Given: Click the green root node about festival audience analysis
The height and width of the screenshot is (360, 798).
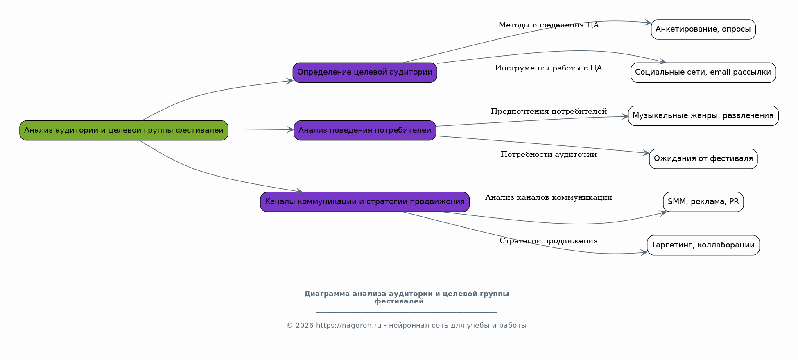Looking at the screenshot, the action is click(124, 131).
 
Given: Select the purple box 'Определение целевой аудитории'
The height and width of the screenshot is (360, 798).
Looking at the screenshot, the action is click(365, 72).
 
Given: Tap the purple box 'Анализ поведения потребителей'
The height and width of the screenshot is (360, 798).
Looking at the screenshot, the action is click(365, 131).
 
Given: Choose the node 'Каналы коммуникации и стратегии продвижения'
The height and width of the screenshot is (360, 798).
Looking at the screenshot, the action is click(365, 202).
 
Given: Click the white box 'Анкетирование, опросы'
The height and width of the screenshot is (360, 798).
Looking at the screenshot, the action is click(703, 29).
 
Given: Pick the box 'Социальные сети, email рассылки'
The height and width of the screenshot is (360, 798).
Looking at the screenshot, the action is click(703, 72).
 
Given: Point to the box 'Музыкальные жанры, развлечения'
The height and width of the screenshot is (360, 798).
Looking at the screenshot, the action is click(703, 116).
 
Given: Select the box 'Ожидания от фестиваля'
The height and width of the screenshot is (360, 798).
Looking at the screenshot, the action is click(703, 159).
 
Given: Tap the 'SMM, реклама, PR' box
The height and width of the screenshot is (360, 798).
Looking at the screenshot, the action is click(703, 202).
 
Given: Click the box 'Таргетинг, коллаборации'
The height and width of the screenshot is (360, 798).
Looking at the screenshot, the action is click(703, 245).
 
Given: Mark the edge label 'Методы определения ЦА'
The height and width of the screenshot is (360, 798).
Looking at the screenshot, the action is click(549, 25).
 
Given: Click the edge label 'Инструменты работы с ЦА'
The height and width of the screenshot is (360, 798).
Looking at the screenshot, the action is click(549, 68).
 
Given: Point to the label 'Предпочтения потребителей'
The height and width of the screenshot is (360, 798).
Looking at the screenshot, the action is click(549, 111).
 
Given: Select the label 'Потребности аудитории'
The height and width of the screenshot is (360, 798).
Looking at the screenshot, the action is click(549, 154).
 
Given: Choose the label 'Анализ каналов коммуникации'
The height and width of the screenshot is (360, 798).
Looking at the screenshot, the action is click(549, 197).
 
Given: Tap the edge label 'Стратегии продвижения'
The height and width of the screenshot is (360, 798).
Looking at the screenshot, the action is click(549, 241).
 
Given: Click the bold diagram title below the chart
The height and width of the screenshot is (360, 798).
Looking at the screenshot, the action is click(406, 298).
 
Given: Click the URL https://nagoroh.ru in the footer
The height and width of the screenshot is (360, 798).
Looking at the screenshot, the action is click(348, 326).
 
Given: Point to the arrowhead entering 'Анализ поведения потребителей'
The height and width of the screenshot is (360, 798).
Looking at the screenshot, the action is click(291, 130).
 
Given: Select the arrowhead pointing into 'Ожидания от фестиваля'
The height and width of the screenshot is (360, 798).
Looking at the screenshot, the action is click(646, 153).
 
